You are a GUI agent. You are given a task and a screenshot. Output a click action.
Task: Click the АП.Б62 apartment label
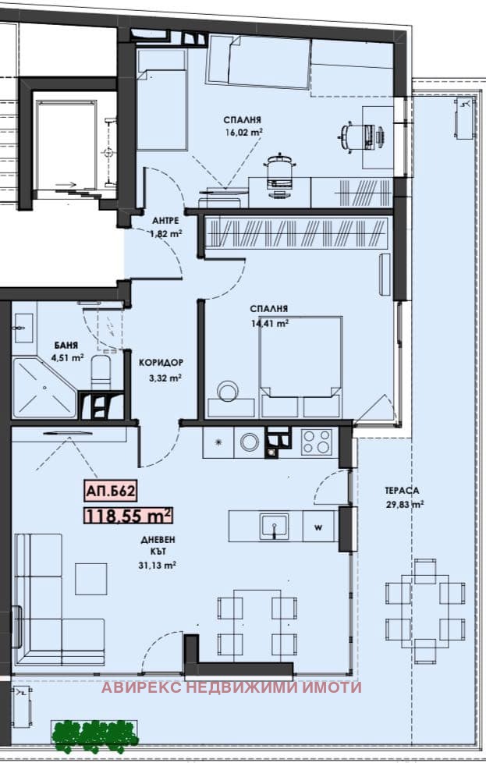point(110,491)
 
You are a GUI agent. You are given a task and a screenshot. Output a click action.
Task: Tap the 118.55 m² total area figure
point(129,516)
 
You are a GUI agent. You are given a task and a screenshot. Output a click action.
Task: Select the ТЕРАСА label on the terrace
point(402,491)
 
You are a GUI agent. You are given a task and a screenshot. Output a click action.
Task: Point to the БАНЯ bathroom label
point(66,346)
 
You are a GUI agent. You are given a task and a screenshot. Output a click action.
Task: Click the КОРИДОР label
point(161,363)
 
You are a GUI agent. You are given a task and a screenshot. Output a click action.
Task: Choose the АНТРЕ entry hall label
point(165,221)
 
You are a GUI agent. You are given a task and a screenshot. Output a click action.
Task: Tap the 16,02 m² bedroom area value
point(243,132)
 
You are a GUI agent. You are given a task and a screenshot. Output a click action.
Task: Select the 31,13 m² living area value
point(157,565)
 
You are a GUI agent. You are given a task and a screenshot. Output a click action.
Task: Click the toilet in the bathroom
point(101,371)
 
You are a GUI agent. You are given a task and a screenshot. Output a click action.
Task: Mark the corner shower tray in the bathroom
point(44,388)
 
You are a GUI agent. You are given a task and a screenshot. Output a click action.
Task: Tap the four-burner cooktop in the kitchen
point(316,442)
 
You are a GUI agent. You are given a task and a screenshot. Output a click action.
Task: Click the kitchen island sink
point(275,526)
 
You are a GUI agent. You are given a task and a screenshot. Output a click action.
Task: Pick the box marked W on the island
point(318,527)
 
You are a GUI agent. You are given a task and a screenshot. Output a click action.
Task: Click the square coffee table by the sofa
point(91,579)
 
